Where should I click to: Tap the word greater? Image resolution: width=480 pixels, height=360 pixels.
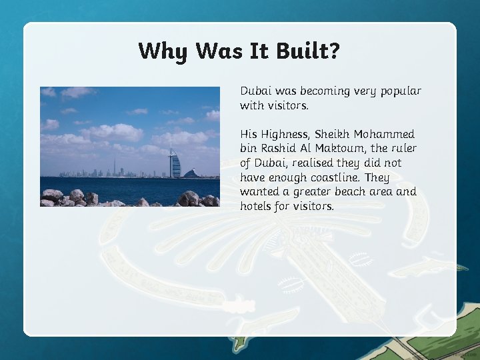320,192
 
